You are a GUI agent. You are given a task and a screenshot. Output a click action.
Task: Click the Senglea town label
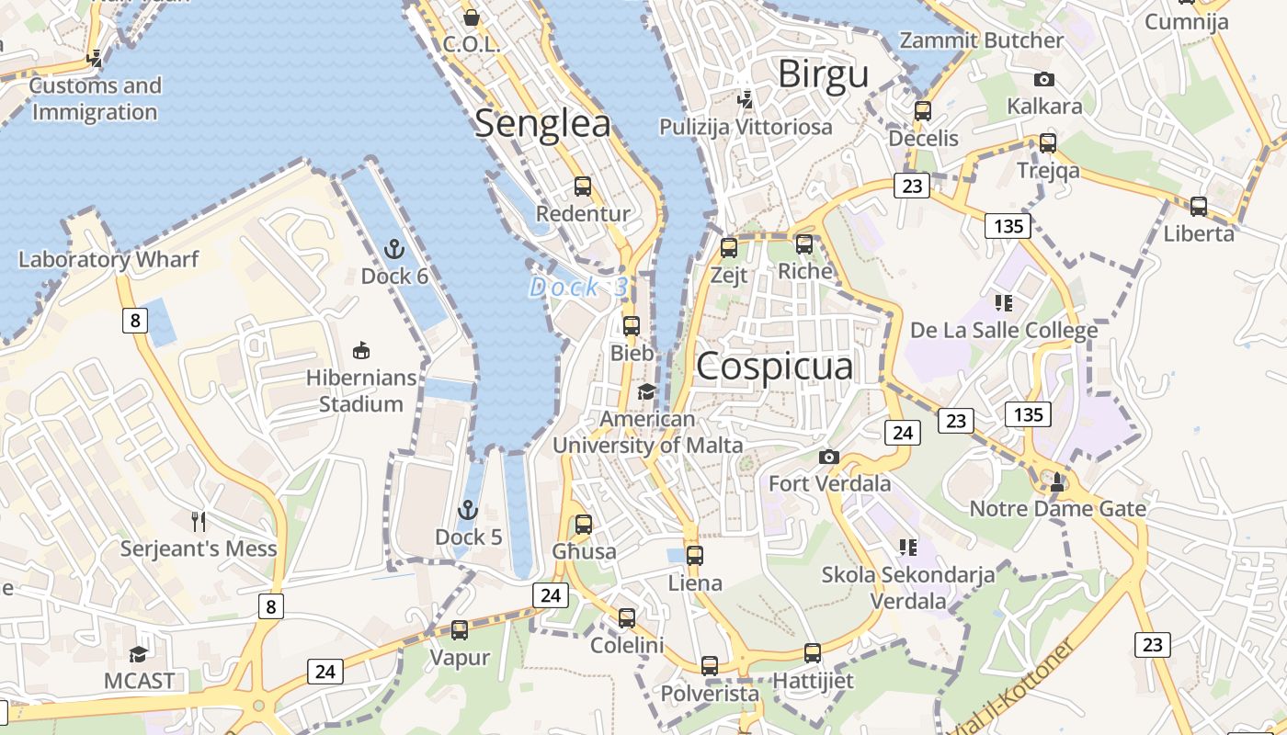542,124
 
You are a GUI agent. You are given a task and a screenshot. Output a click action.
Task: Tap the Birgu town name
823,74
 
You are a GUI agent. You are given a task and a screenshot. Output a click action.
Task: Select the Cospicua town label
775,367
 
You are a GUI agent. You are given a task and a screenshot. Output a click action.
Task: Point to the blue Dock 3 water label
579,287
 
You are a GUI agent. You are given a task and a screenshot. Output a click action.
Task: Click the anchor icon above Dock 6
393,249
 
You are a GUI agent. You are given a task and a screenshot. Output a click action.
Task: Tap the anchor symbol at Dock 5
468,509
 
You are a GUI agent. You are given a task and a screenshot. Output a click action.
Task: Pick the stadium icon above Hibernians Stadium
361,350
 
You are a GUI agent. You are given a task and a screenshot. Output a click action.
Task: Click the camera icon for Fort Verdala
829,457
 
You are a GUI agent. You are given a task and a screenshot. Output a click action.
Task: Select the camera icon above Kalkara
1044,79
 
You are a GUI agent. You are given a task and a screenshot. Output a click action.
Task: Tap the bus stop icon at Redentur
583,187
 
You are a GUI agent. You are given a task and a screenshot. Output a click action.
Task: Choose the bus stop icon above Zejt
729,247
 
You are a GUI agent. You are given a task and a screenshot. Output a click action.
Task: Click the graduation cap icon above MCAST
139,653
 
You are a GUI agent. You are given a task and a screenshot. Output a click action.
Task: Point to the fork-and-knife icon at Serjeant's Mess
199,521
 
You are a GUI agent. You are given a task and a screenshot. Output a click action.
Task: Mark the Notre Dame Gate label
1057,508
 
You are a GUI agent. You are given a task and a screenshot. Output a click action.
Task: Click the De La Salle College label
1004,330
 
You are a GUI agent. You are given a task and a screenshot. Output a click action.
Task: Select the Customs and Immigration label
95,99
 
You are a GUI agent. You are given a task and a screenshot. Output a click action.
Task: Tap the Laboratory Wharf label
108,259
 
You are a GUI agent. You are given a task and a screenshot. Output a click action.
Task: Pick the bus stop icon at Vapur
460,630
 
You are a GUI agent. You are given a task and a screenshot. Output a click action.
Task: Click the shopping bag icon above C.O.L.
472,17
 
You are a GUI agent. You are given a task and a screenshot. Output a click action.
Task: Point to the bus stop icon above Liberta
1199,206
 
